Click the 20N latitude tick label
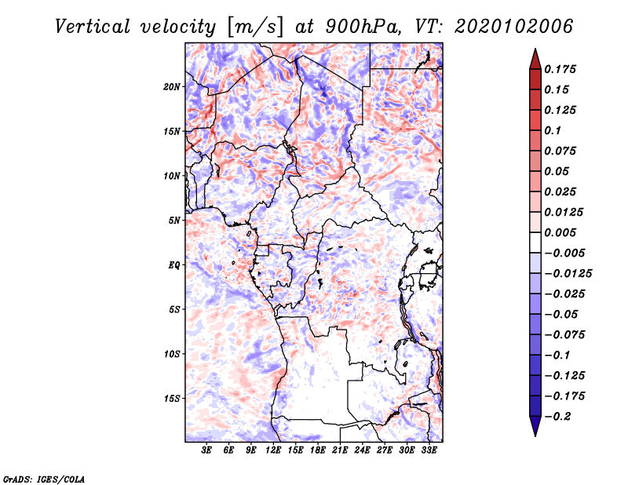[x=172, y=87]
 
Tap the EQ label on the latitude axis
[x=174, y=265]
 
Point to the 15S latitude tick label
[x=172, y=399]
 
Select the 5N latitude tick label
[x=174, y=221]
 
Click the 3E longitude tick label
[x=206, y=450]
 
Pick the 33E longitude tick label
[x=429, y=450]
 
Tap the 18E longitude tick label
[x=318, y=450]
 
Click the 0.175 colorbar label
[x=560, y=69]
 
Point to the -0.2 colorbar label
[x=557, y=417]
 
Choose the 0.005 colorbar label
[x=560, y=232]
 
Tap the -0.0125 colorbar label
[x=568, y=274]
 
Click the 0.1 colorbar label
[x=553, y=130]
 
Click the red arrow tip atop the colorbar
[x=535, y=49]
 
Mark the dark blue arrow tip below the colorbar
[x=535, y=436]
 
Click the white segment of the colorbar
[x=535, y=242]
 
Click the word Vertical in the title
[x=93, y=27]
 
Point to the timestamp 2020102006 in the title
[x=514, y=27]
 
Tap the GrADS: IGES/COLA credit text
[x=44, y=479]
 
